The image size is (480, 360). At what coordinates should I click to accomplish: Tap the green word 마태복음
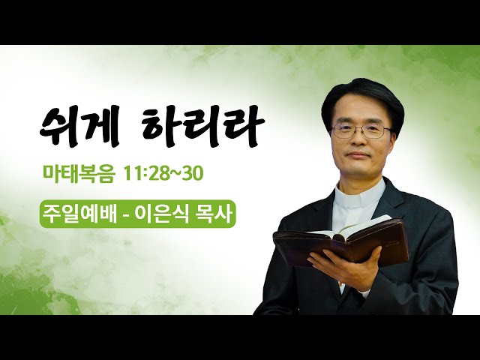coord(79,173)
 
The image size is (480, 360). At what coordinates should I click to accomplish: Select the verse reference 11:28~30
coord(163,173)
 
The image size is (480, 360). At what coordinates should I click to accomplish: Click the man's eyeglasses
coord(361,130)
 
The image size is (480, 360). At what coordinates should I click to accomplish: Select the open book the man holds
coord(340,241)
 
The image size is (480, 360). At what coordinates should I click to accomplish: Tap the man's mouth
coord(358,155)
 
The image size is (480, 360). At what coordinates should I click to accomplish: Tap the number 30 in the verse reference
coord(193,174)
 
